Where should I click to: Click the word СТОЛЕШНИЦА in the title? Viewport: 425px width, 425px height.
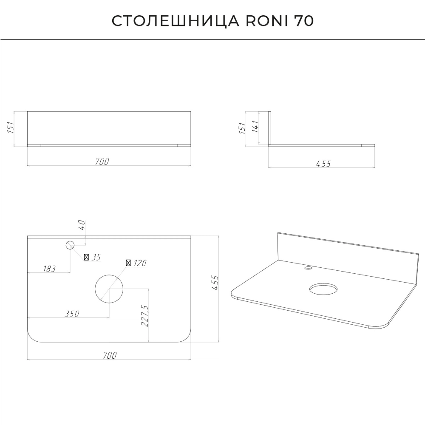[x=176, y=21]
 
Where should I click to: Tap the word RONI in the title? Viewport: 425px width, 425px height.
[x=267, y=21]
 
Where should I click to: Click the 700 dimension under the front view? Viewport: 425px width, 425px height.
[x=102, y=161]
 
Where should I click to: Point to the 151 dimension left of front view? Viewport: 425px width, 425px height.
[x=10, y=127]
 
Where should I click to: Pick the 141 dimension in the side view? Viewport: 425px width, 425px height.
[x=255, y=126]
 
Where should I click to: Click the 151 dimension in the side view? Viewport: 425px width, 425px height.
[x=242, y=128]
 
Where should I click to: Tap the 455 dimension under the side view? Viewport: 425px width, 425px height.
[x=323, y=164]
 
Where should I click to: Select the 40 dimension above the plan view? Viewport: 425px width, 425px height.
[x=82, y=225]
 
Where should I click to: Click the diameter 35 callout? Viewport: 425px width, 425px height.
[x=92, y=257]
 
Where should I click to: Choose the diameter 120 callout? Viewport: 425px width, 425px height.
[x=136, y=263]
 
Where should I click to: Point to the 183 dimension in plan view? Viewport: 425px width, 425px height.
[x=49, y=269]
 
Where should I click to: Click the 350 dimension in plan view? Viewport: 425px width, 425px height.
[x=72, y=314]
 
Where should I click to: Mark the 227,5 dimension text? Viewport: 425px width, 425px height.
[x=144, y=316]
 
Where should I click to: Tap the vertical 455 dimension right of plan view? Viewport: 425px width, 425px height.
[x=215, y=283]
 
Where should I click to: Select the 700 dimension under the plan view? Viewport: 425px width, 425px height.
[x=110, y=355]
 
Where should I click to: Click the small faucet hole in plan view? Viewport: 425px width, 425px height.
[x=70, y=245]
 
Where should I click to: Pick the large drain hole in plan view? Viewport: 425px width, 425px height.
[x=109, y=289]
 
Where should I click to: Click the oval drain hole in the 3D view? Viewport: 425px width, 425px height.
[x=323, y=289]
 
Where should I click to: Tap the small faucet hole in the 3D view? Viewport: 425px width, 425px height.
[x=308, y=268]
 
